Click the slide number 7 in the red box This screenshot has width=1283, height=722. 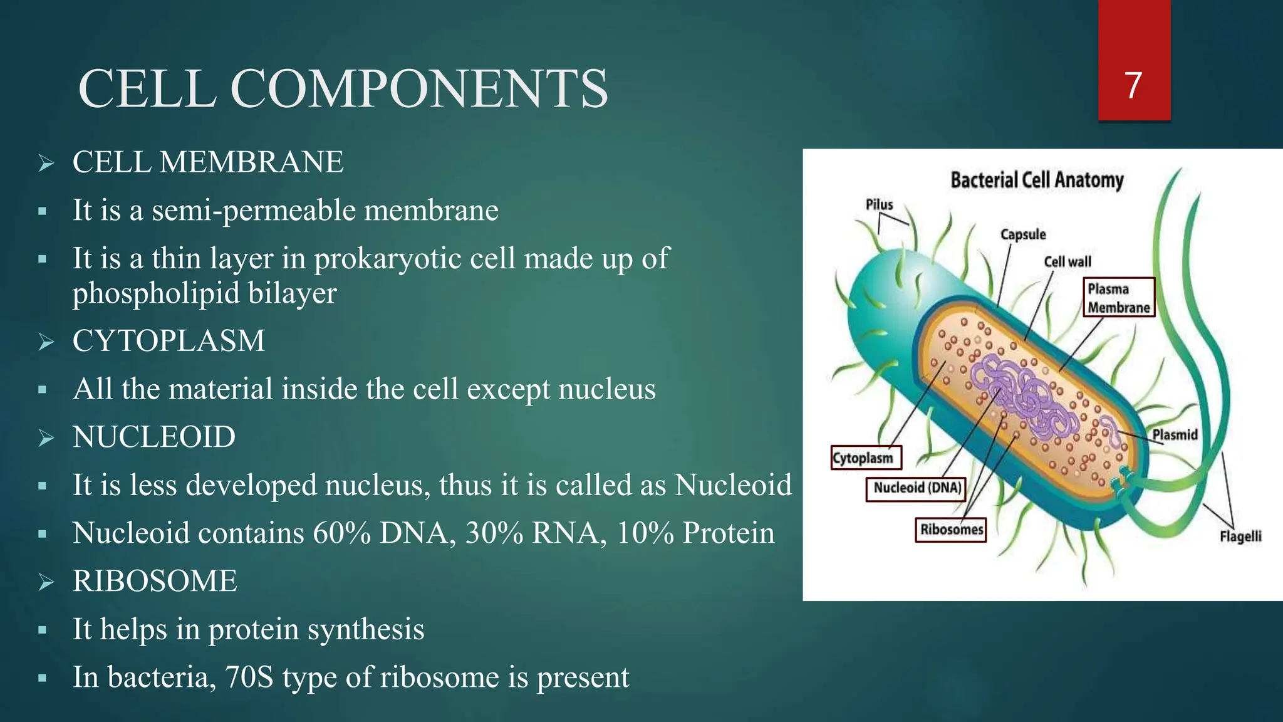tap(1133, 86)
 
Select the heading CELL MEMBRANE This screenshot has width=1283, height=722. tap(207, 162)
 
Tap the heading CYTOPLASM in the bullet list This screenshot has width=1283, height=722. tap(169, 341)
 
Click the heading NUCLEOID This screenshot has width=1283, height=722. tap(153, 437)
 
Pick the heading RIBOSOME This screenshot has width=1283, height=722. tap(155, 581)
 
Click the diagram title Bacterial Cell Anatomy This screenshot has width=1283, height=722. tap(1037, 180)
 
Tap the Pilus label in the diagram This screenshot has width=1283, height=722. tap(879, 205)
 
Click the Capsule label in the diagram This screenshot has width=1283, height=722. tap(1022, 234)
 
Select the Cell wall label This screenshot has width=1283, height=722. tap(1067, 262)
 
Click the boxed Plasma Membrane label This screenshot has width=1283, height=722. tap(1118, 298)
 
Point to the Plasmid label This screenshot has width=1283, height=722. tap(1175, 435)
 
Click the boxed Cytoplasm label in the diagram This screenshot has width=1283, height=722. tap(865, 458)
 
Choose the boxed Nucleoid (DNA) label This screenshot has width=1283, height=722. tap(917, 488)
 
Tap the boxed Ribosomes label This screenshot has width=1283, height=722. tap(950, 530)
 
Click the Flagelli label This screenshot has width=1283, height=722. tap(1240, 536)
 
